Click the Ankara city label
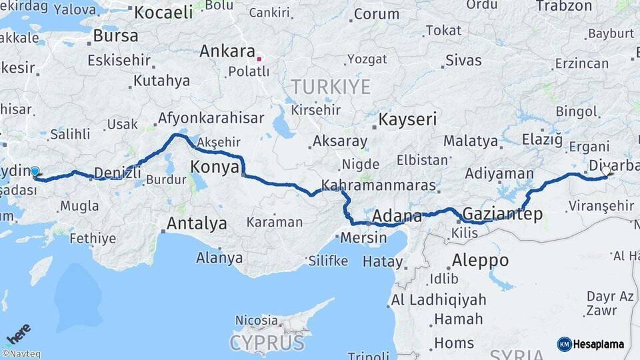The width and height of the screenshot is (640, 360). pos(227,51)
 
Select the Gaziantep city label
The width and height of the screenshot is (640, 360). pos(502,214)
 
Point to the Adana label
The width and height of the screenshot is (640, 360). pos(397,216)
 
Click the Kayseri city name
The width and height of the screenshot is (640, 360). pos(407,120)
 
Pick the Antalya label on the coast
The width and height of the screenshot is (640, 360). pos(197,223)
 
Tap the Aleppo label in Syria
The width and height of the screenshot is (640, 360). pos(480,260)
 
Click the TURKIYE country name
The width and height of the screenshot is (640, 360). pos(330,87)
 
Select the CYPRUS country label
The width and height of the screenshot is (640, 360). pos(267,343)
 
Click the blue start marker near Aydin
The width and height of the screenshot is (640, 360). pos(35,171)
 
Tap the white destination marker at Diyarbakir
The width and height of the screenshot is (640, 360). pos(605,171)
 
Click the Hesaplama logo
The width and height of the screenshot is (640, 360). pos(591,344)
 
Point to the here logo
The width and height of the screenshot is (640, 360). pos(18,333)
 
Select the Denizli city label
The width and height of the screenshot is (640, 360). pos(117,173)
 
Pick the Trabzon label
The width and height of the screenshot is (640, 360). pos(563,6)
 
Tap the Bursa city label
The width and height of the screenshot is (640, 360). pos(116,35)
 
